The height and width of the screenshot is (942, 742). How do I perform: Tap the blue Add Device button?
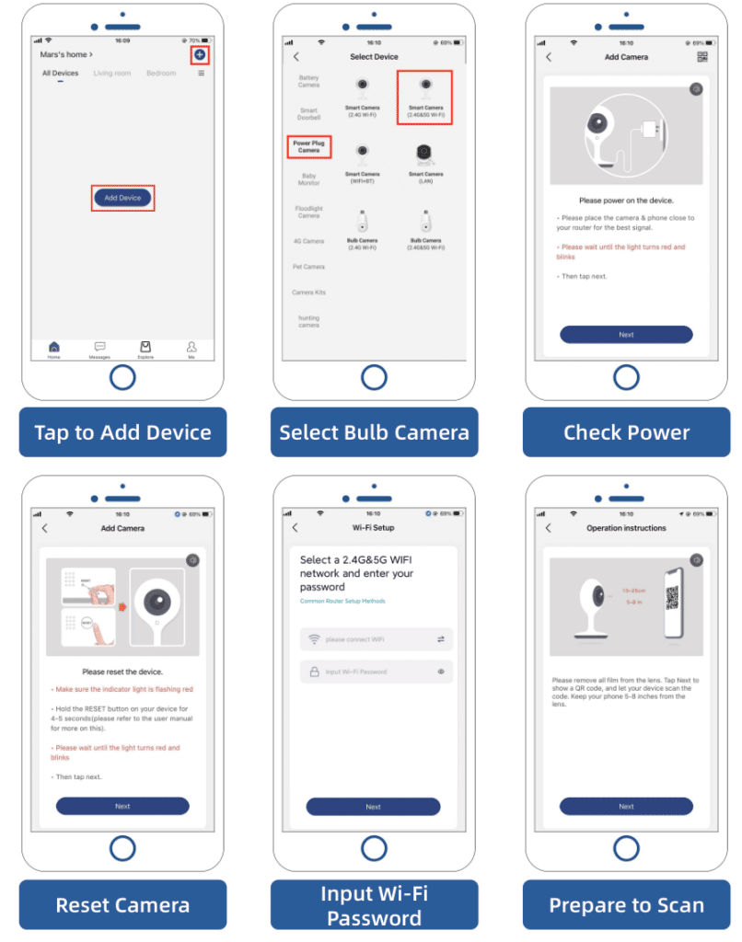pos(122,198)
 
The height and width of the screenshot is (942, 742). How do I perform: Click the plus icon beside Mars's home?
pos(200,55)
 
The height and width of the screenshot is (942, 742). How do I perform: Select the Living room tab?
pos(112,74)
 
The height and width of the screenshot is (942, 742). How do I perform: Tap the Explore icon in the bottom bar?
pos(145,348)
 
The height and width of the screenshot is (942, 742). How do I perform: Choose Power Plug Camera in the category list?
pos(308,146)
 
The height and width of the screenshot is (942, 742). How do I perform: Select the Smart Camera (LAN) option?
pos(425,162)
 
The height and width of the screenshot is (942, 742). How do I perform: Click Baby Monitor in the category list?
pos(308,179)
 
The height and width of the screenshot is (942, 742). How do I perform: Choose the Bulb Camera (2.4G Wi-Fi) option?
pos(362,230)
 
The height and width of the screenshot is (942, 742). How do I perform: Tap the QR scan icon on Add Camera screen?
pos(702,57)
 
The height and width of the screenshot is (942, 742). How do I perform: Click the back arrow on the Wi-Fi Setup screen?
pos(296,528)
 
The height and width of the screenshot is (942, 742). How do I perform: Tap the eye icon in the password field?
pos(441,672)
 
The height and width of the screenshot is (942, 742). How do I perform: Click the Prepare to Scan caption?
pos(626,905)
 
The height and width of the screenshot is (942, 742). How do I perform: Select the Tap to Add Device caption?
pos(122,432)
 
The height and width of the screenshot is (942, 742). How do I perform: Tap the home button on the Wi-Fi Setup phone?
pos(374,848)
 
